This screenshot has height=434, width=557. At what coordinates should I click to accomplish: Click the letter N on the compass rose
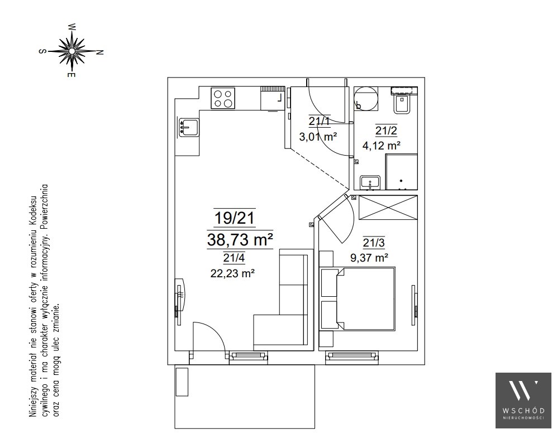(100, 52)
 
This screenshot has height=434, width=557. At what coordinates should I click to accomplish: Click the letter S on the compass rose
(42, 51)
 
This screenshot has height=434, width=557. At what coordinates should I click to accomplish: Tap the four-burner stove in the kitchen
(223, 98)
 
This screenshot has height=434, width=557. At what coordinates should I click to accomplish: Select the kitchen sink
(189, 128)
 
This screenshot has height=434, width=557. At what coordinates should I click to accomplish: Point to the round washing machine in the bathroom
(365, 98)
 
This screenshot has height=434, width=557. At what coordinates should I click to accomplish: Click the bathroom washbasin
(370, 183)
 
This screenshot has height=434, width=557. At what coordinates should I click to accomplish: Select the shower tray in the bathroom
(402, 172)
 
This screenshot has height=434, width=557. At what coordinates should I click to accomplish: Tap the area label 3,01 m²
(318, 137)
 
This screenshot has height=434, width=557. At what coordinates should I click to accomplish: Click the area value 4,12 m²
(382, 146)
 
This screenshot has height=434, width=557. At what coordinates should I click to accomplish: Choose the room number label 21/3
(374, 243)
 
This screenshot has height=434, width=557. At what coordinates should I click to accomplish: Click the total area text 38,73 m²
(240, 240)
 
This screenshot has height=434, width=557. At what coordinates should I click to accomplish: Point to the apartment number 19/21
(235, 218)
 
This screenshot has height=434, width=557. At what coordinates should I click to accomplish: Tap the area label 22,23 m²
(232, 274)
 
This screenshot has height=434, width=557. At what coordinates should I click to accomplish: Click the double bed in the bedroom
(358, 299)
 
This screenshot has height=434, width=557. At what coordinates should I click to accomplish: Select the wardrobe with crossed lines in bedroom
(388, 208)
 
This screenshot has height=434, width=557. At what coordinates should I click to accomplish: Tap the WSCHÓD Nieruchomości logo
(523, 401)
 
